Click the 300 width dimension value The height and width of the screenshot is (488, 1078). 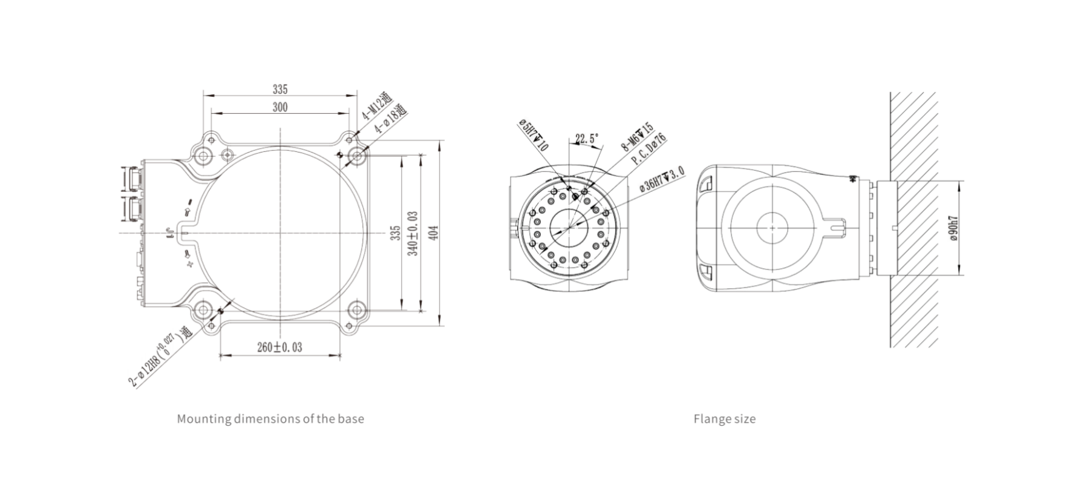tap(279, 107)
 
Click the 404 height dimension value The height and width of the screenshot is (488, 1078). tap(433, 232)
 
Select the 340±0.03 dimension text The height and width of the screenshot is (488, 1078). tap(413, 232)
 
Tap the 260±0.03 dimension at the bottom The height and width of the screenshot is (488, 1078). tap(279, 347)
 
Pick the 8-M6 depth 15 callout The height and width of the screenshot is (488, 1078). tap(637, 137)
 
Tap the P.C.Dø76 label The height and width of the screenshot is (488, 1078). tap(648, 150)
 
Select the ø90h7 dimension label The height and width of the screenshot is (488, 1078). tap(954, 228)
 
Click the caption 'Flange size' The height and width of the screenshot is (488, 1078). tap(724, 418)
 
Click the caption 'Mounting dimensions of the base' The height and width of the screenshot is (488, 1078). tap(270, 418)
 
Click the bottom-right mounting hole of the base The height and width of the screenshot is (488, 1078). tap(356, 309)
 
